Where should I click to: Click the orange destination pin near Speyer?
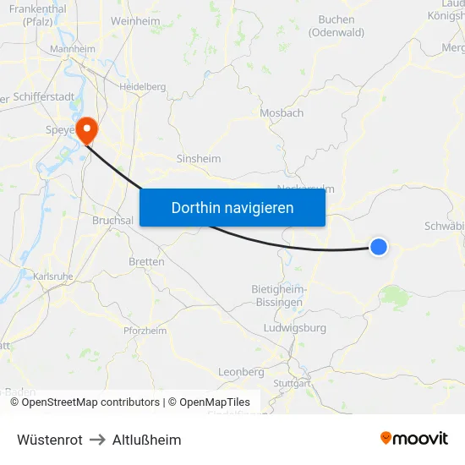coord(86,129)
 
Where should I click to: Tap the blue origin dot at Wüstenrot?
coord(379,246)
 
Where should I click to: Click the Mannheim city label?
coord(73,49)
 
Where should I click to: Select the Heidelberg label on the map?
coord(142,86)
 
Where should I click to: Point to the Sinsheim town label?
coord(198,158)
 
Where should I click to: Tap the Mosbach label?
coord(282,112)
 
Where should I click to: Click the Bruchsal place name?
coord(112,220)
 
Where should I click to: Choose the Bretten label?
coord(146,262)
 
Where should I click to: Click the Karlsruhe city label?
coord(52,276)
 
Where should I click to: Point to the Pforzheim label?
coord(145,331)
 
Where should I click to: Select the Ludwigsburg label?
coord(295,327)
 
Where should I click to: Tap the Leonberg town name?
coord(241,372)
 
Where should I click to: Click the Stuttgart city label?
coord(293,383)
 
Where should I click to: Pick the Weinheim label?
coord(135,19)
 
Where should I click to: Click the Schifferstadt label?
coord(44,96)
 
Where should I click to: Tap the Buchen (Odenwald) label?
coord(336,26)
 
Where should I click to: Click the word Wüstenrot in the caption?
coord(50,440)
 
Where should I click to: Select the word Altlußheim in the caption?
coord(147,440)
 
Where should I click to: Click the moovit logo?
coord(414,438)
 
